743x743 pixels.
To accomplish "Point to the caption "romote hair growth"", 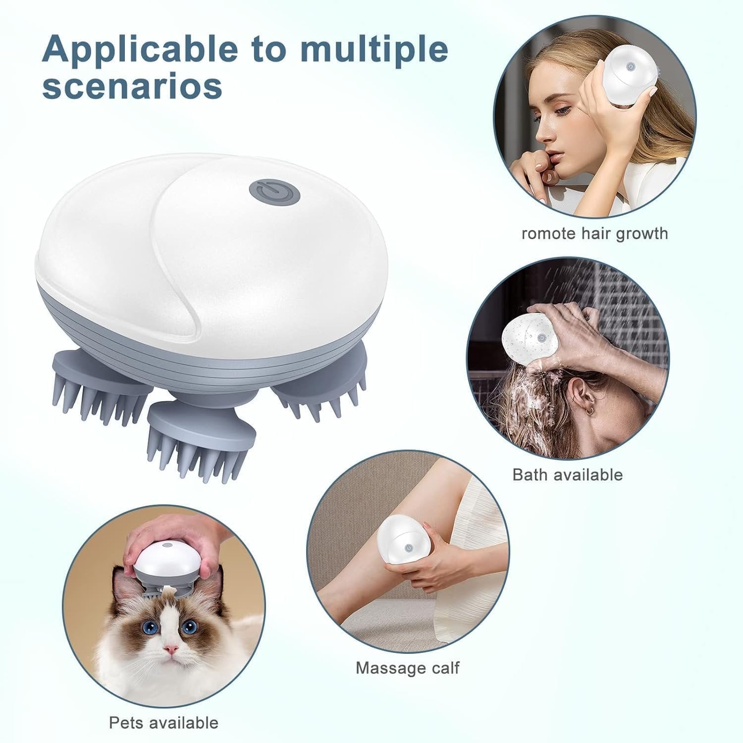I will [x=594, y=233].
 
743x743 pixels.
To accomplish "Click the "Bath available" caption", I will [x=567, y=474].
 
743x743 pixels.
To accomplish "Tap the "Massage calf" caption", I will [x=407, y=668].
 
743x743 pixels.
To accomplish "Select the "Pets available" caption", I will [x=163, y=722].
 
